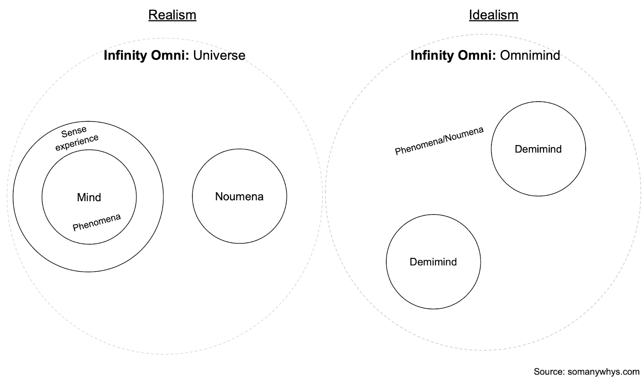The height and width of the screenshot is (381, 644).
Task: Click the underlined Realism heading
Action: point(172,15)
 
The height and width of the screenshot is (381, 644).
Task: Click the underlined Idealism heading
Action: point(493,15)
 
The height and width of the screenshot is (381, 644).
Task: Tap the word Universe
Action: point(219,55)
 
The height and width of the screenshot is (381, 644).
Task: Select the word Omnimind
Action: point(530,55)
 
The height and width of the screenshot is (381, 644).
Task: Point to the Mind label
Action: point(89,197)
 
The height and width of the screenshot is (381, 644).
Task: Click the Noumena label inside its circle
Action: point(239,196)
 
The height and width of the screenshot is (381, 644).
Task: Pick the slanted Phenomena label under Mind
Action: point(97,222)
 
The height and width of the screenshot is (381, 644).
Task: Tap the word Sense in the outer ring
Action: point(74,132)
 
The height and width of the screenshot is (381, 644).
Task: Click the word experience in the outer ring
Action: point(77,142)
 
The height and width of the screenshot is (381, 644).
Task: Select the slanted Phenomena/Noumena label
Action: point(439,141)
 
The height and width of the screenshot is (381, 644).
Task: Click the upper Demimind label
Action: point(538,149)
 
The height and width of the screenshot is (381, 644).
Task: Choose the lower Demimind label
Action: point(433,262)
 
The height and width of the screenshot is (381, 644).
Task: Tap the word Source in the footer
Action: point(548,371)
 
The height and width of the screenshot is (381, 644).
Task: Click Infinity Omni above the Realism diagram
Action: point(146,55)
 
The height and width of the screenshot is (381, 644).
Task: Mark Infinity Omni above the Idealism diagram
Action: point(453,55)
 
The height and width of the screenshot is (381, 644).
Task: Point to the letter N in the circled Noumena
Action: point(219,196)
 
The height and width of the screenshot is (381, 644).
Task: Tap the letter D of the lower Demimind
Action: point(413,262)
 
